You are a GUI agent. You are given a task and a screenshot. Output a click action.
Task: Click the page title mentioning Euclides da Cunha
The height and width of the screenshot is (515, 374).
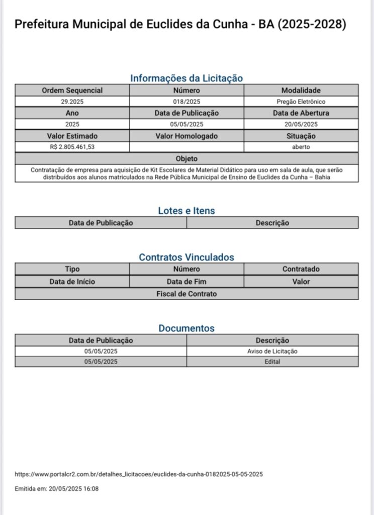(x=180, y=25)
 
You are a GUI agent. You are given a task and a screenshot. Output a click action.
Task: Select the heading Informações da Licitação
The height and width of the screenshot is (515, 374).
(x=186, y=78)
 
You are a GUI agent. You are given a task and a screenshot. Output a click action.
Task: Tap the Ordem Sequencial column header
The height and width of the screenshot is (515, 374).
(x=72, y=91)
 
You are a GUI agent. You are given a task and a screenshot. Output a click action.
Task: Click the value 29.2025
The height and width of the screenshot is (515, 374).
(x=72, y=102)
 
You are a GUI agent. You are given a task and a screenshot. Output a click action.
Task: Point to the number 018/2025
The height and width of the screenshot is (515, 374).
(x=186, y=102)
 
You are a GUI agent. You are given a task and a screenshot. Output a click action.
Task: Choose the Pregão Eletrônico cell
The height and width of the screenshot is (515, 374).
(x=301, y=102)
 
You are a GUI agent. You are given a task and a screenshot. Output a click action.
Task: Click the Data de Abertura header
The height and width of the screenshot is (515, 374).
(x=301, y=113)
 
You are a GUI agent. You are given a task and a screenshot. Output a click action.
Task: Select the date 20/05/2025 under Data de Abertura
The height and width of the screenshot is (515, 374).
(x=301, y=124)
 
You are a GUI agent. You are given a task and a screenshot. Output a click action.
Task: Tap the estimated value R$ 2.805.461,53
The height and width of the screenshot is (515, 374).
(x=72, y=147)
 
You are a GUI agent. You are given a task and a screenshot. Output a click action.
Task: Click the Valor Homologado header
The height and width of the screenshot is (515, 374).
(x=186, y=136)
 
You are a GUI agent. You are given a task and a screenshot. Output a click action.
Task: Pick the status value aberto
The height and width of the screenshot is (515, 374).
(x=301, y=147)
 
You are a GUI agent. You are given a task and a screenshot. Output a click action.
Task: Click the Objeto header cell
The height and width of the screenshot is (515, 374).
(x=186, y=159)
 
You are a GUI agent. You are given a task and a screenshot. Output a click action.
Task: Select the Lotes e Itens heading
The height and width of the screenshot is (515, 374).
(x=186, y=211)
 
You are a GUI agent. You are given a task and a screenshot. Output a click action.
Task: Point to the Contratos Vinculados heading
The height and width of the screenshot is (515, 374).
(x=186, y=257)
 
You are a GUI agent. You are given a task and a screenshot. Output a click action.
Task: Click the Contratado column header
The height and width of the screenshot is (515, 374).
(x=301, y=269)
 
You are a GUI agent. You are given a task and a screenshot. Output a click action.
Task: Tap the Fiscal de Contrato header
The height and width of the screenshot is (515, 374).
(x=186, y=294)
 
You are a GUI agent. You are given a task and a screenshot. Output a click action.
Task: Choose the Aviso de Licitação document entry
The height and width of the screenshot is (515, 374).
(x=272, y=351)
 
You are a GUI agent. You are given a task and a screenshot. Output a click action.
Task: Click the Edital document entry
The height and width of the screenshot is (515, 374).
(x=272, y=362)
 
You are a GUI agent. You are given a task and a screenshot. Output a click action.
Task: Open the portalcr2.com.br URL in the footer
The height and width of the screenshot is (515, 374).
(x=139, y=474)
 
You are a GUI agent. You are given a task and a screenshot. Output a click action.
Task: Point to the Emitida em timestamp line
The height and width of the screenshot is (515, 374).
(x=56, y=488)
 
